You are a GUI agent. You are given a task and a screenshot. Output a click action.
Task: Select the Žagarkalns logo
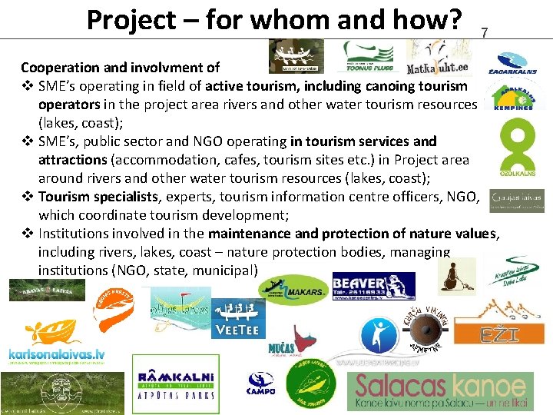click(x=516, y=63)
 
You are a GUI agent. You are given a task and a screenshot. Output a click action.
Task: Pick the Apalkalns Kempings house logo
click(x=519, y=97)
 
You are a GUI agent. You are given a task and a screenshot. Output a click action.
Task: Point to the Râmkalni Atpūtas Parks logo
click(x=164, y=382)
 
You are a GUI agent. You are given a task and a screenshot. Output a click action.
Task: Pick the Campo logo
click(x=260, y=384)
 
